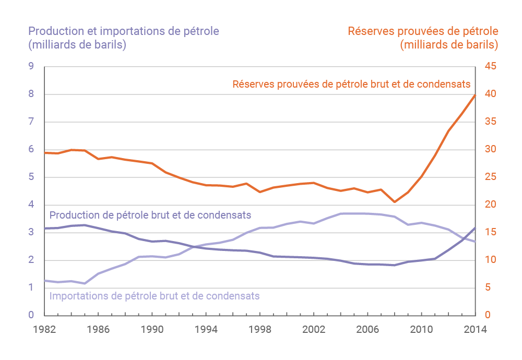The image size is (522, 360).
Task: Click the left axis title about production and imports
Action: tap(124, 38)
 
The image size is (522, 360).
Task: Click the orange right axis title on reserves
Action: tap(423, 38)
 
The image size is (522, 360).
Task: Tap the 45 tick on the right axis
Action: tap(491, 66)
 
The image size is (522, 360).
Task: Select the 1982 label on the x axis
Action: tap(44, 330)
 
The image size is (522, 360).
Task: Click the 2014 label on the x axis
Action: tap(476, 330)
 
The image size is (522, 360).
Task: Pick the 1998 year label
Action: tap(260, 330)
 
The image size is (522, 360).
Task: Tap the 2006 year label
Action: tap(368, 330)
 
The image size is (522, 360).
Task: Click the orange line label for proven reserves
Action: tap(351, 83)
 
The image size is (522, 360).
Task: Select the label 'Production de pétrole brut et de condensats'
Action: tap(150, 215)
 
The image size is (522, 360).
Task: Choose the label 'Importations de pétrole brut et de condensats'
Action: tap(154, 296)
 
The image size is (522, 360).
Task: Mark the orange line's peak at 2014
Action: tap(475, 95)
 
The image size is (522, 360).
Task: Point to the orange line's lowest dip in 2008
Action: tap(395, 202)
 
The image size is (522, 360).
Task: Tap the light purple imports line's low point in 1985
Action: tap(85, 283)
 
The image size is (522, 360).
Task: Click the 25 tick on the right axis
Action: tap(491, 177)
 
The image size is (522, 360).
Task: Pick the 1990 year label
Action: tap(152, 330)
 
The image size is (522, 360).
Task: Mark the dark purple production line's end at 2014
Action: tap(475, 228)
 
